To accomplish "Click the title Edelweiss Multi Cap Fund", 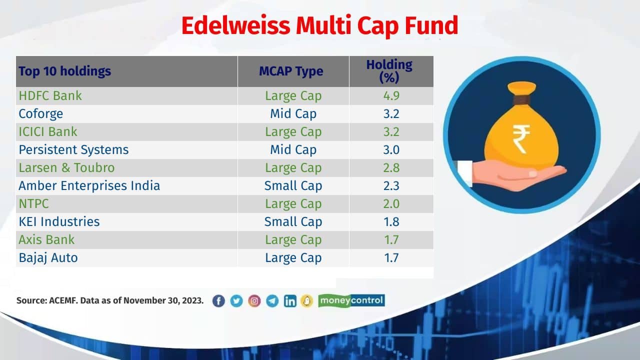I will pos(319,26).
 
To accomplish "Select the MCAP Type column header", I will pos(291,71).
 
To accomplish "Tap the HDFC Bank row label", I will pos(50,95).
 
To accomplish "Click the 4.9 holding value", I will pos(391,95).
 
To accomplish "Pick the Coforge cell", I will pos(41,113).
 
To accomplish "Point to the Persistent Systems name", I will pos(73,149).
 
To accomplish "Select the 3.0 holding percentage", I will pos(391,149).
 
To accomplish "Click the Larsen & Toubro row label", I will pos(66,167).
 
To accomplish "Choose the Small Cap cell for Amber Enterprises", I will pos(293,185).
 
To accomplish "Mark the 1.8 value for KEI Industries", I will pos(391,221).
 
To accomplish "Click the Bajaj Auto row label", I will pos(48,257).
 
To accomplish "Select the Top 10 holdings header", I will pos(64,71).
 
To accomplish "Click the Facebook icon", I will pos(218,301).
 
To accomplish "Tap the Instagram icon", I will pos(254,301).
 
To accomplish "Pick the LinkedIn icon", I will pos(290,301).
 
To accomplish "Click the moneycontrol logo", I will pos(351,300).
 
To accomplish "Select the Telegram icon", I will pos(272,301).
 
